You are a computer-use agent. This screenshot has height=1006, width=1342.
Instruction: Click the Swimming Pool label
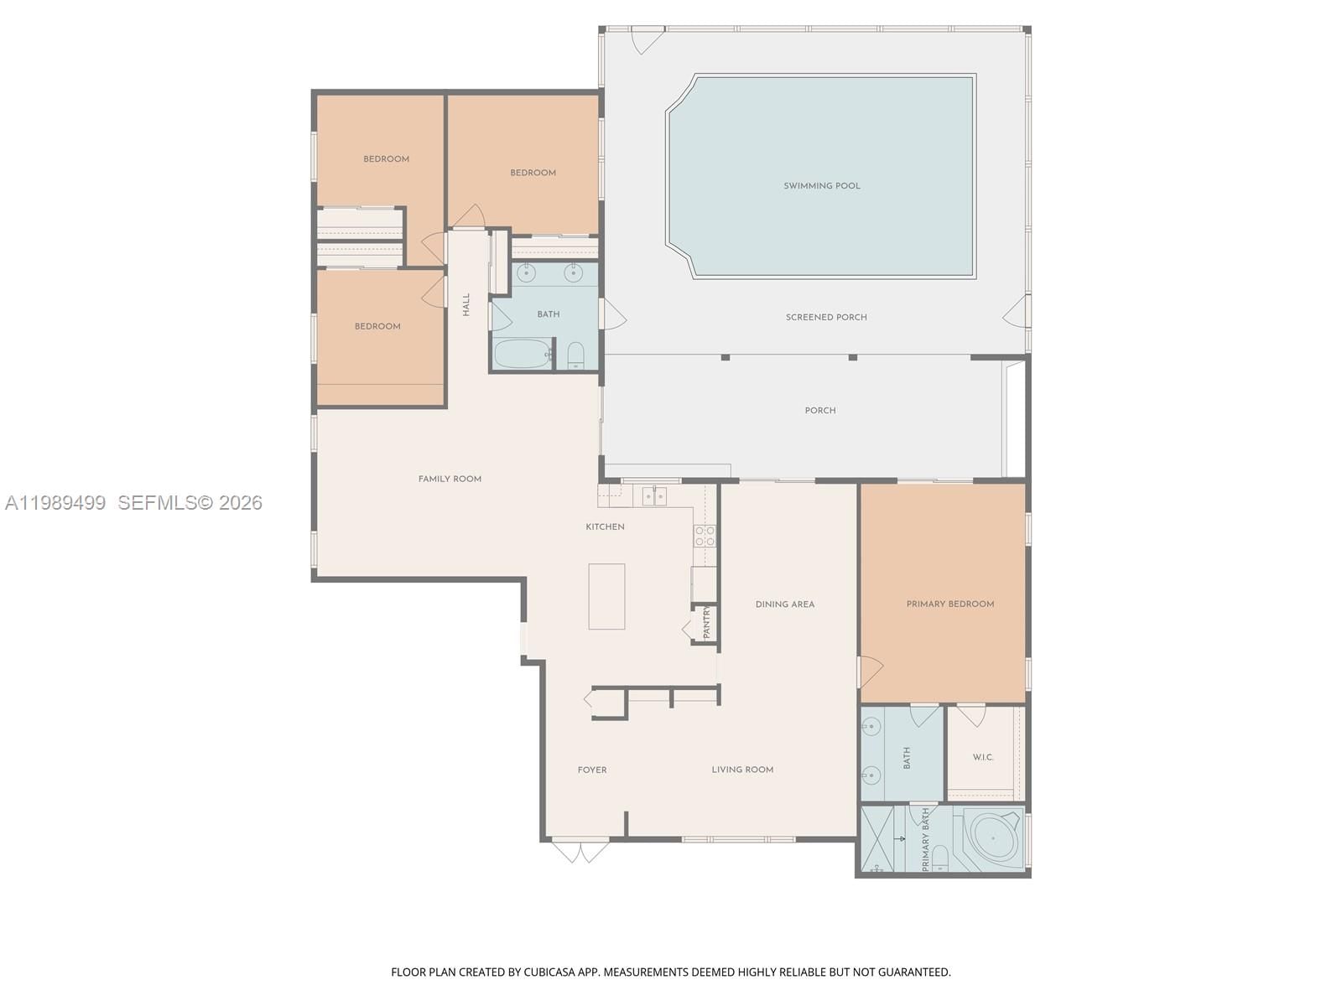coord(821,186)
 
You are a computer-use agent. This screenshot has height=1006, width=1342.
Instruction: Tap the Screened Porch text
coord(826,317)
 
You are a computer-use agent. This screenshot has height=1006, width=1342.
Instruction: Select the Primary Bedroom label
coord(949,604)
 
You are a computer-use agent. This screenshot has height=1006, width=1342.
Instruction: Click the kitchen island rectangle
coord(606,596)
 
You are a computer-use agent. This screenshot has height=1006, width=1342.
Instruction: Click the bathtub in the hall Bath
coord(522,353)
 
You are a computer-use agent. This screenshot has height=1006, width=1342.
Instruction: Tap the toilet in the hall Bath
coord(576,355)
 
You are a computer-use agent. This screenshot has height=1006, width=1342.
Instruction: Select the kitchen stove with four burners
coord(705,536)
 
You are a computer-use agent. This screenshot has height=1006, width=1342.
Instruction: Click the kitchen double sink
coord(654,496)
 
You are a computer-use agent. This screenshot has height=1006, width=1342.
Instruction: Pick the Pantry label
coord(706,623)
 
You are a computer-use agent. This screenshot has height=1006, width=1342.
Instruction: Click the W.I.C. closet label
coord(983,757)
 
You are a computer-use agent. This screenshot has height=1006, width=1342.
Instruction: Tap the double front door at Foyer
coord(580,850)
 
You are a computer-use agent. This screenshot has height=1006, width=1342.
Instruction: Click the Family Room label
coord(450,479)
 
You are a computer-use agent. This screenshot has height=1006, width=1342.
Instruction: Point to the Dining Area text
coord(784,604)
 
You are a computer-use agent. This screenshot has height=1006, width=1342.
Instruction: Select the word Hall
coord(466,304)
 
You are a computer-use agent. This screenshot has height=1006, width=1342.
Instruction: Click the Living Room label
coord(742,770)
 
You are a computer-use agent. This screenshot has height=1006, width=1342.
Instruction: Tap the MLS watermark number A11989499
coord(55,502)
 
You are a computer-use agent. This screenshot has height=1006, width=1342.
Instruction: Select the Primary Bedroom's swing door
coord(870,672)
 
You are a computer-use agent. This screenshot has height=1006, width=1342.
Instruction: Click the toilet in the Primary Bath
coord(940,858)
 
